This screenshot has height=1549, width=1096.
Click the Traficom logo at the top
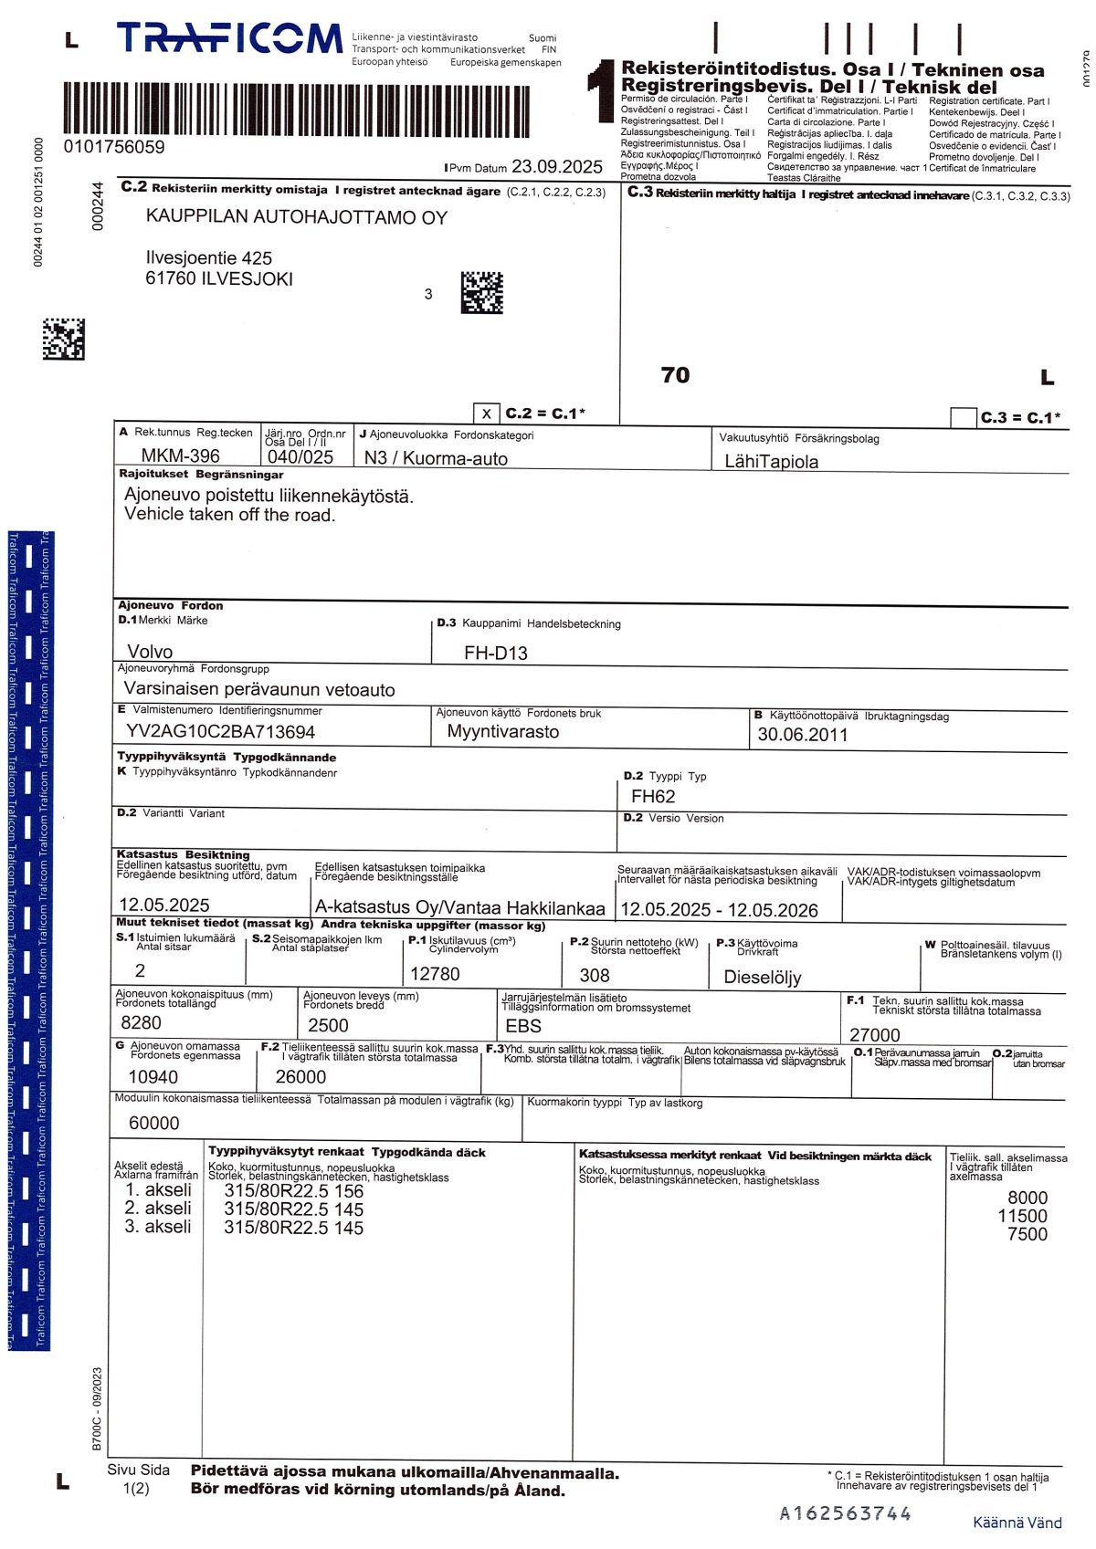[228, 39]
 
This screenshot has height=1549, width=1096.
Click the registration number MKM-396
[180, 455]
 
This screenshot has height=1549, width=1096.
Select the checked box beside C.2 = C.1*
[487, 413]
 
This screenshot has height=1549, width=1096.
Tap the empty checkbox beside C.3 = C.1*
[964, 418]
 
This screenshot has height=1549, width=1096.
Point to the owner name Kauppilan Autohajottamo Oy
[297, 217]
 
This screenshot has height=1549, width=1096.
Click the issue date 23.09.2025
[556, 166]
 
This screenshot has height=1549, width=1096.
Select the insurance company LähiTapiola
[771, 462]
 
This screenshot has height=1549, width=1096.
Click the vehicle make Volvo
[150, 652]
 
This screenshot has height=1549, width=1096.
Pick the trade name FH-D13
[495, 653]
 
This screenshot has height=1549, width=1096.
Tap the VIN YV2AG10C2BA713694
[220, 732]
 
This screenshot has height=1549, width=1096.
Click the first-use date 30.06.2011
[802, 735]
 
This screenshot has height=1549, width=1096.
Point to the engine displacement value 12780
[435, 974]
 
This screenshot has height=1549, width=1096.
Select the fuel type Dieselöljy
[762, 977]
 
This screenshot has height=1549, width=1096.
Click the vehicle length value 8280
[141, 1023]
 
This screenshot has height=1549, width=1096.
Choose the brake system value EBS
[523, 1026]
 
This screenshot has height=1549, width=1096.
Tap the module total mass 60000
[153, 1124]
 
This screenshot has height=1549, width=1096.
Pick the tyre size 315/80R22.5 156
[293, 1191]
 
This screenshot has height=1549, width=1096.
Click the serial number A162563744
[845, 1513]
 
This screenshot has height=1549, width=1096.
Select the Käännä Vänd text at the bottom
[1017, 1523]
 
